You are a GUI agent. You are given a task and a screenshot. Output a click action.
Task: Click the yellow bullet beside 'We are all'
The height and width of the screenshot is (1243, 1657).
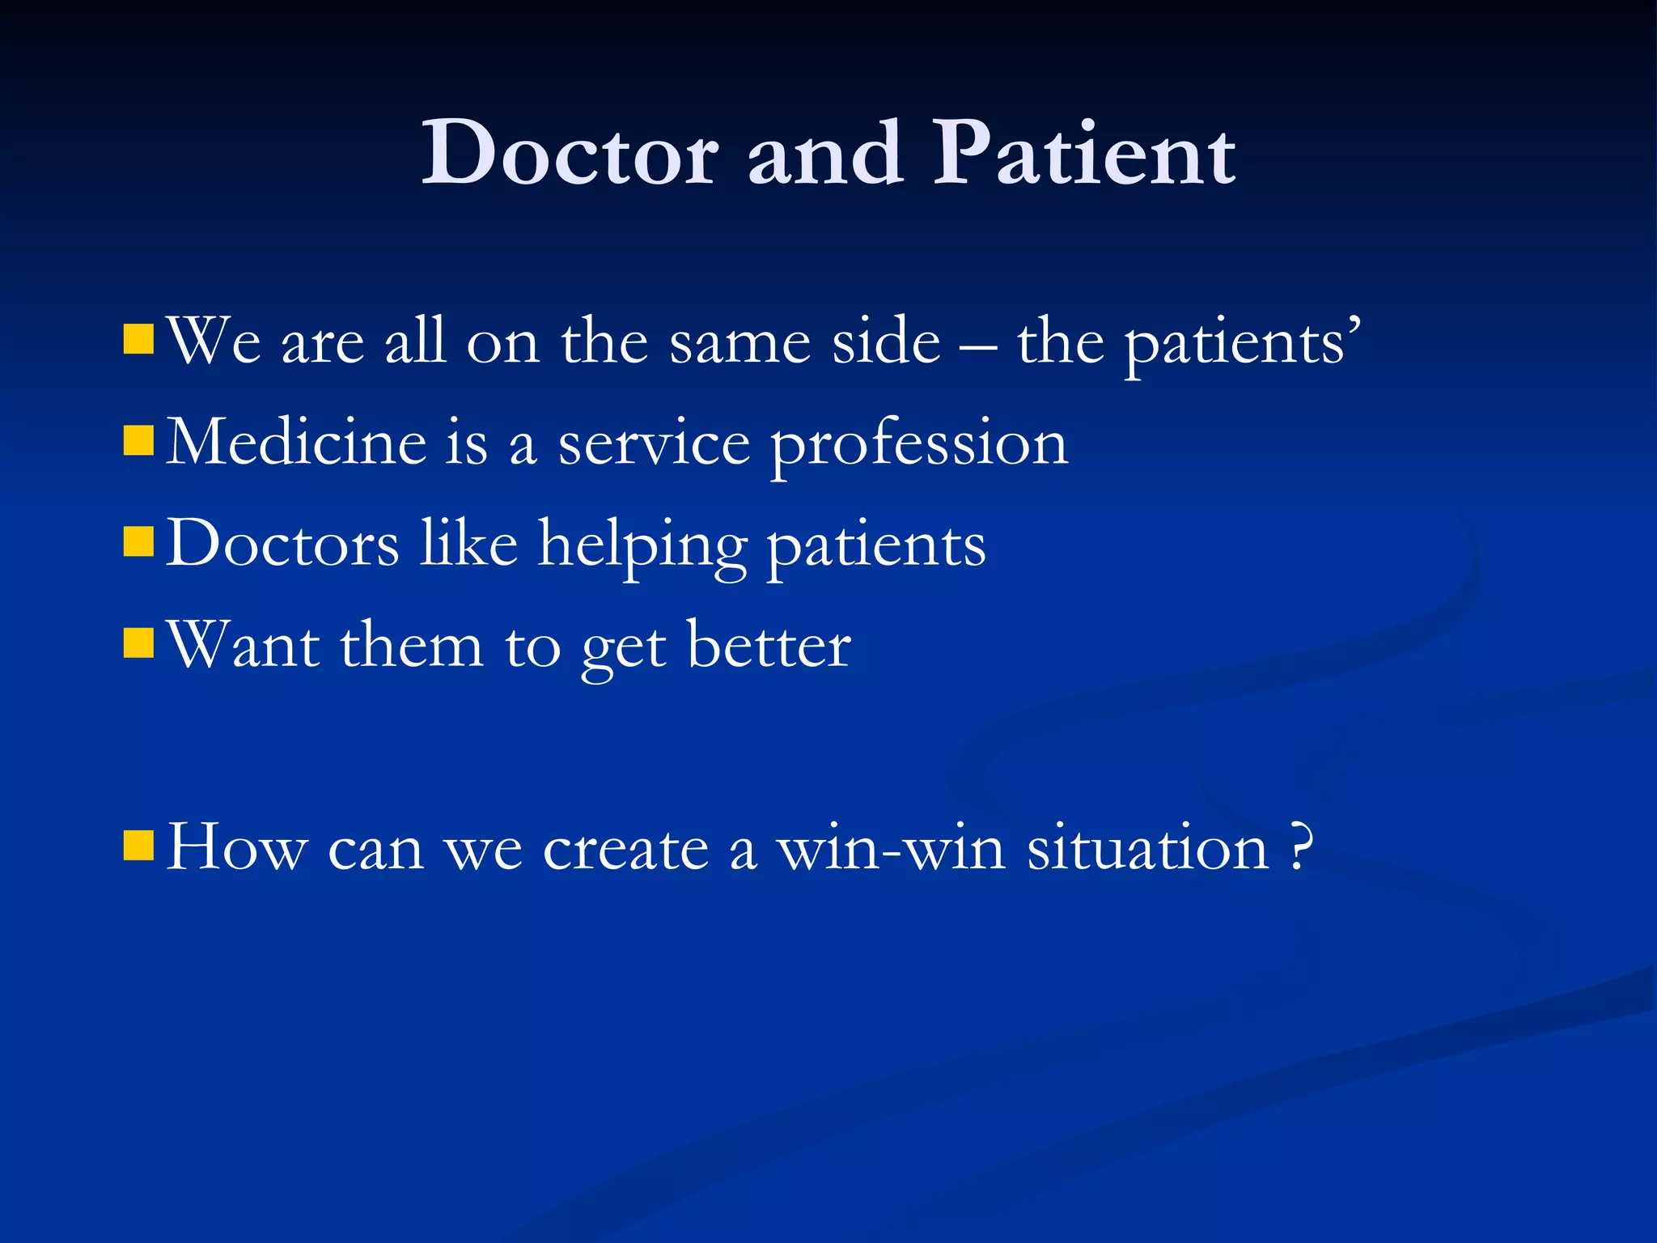[138, 340]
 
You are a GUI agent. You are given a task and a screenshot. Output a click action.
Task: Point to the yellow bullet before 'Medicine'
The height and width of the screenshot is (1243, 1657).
[138, 441]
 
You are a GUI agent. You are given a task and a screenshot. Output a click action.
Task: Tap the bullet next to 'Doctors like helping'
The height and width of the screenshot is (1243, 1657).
[138, 542]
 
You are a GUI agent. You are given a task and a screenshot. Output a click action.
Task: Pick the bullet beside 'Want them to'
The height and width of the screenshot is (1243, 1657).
[138, 643]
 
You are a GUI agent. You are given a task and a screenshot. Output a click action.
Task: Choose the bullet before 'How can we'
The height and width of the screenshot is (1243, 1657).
[138, 846]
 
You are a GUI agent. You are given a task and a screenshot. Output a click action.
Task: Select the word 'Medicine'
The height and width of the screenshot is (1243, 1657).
[296, 443]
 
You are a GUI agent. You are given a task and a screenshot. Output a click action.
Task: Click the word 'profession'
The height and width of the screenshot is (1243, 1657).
[919, 447]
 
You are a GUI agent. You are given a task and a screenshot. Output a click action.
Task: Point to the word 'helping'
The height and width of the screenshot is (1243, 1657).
[642, 546]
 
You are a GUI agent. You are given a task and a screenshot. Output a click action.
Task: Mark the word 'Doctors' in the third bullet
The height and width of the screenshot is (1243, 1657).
[282, 544]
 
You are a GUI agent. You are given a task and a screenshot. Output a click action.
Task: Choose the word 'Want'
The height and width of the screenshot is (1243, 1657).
[243, 647]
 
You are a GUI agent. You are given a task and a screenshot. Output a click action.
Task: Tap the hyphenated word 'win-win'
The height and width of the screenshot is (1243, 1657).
[890, 849]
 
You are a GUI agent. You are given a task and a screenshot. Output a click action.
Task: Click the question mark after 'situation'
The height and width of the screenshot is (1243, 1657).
[1299, 847]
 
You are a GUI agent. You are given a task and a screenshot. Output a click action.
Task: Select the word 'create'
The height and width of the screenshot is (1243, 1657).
[625, 850]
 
